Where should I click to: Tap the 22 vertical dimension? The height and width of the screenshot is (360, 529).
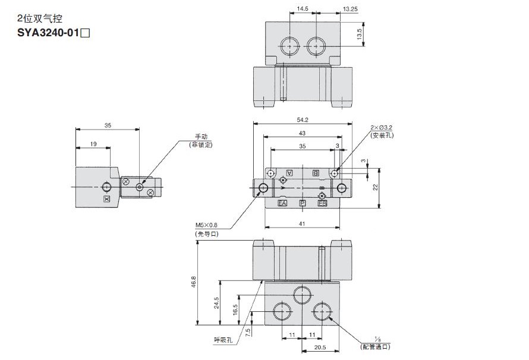point(375,187)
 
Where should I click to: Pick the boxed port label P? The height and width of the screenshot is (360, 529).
point(303,204)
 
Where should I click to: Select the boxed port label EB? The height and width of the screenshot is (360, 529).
point(322,204)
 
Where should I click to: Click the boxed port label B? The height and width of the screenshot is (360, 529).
point(316,172)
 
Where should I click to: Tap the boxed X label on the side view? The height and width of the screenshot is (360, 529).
point(106,199)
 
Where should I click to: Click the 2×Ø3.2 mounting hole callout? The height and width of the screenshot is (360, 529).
point(382,128)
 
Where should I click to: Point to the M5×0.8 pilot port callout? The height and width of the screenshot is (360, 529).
point(207,225)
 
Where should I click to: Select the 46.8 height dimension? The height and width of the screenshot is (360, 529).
point(193,283)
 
